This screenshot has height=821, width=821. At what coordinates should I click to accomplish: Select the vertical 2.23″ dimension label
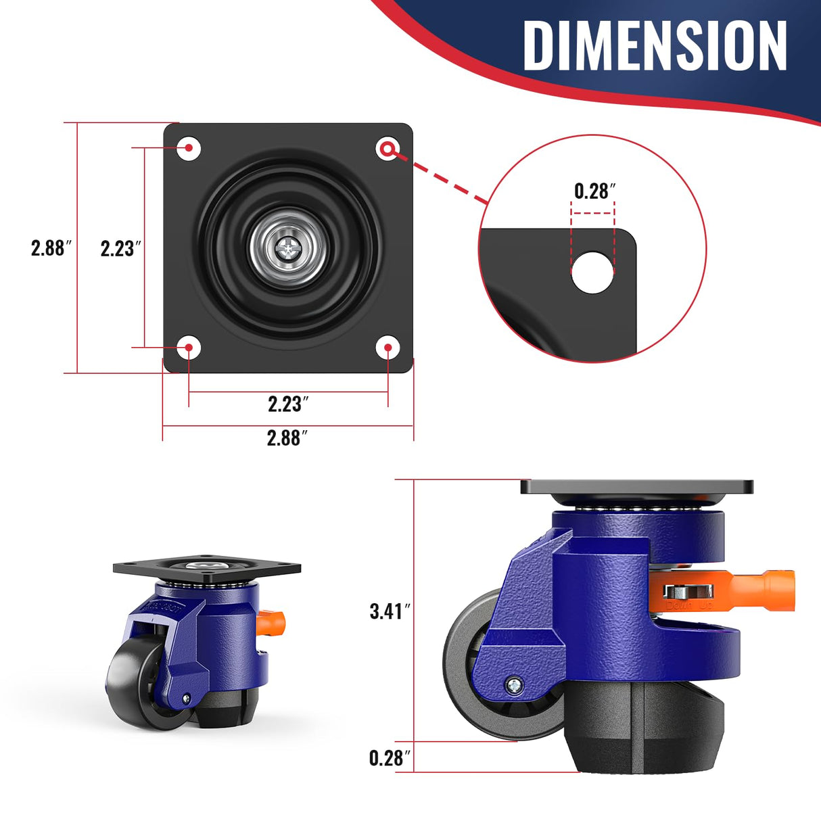(120, 249)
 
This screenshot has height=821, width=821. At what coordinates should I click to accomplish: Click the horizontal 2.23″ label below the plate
(288, 404)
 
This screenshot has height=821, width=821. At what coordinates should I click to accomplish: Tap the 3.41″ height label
(390, 611)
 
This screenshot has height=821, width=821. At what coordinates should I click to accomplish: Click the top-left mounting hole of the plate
(189, 148)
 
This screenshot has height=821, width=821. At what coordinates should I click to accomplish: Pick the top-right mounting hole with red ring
(388, 149)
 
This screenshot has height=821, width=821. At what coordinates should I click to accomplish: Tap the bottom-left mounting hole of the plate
(189, 348)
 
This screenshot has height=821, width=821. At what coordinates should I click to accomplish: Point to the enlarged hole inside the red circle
(592, 272)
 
